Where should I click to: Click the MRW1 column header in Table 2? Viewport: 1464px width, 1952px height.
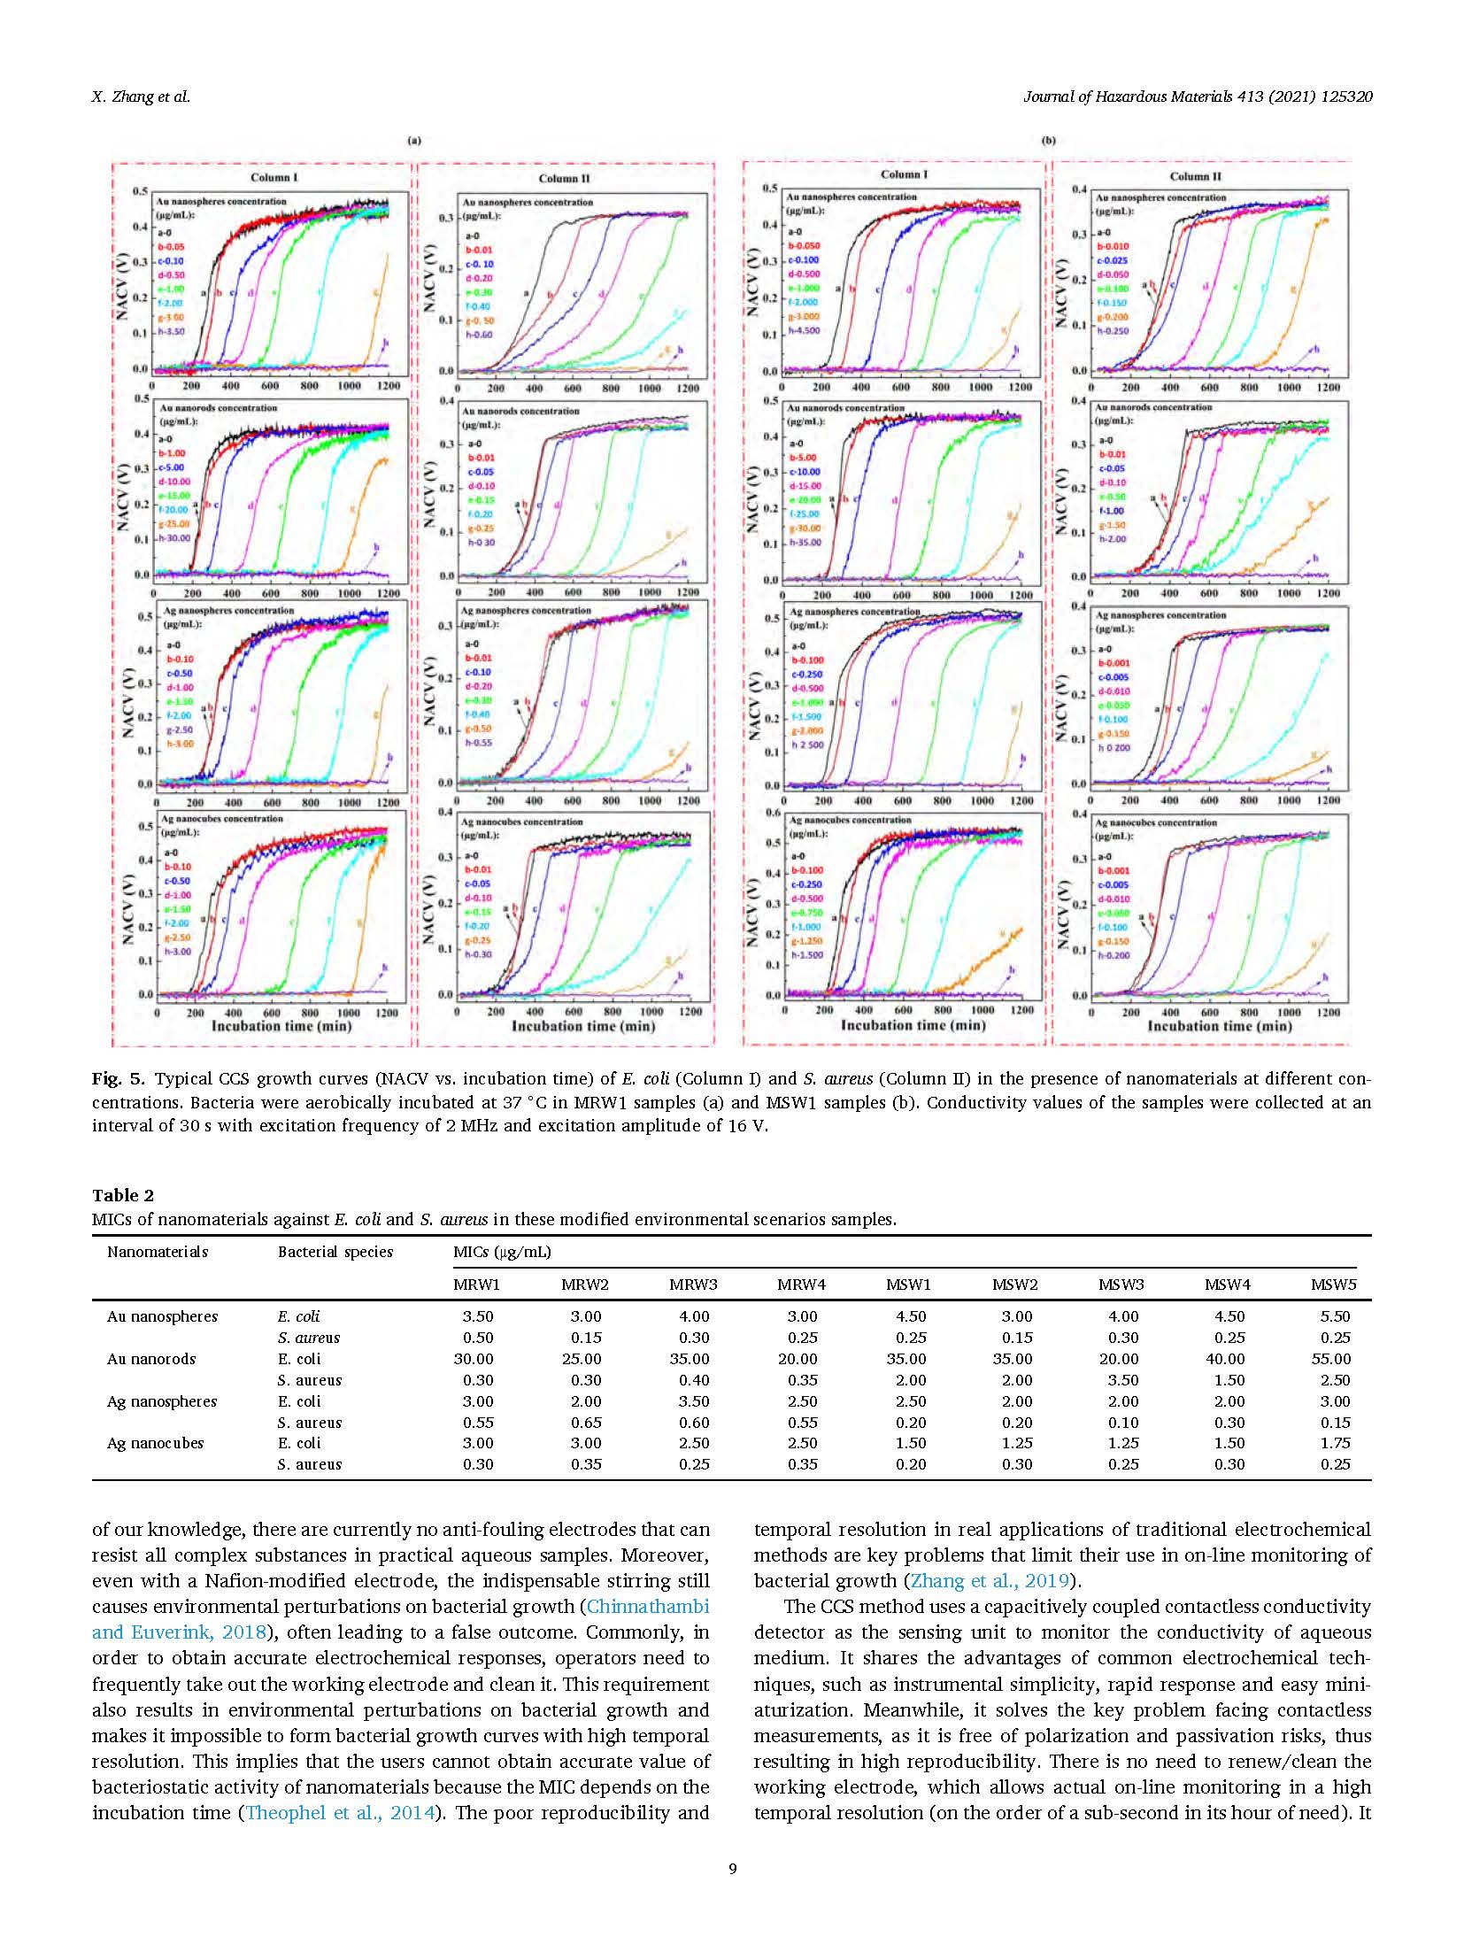click(x=477, y=1285)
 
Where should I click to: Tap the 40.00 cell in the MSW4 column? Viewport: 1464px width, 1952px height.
click(x=1226, y=1359)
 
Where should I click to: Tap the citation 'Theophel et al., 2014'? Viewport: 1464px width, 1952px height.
click(x=341, y=1812)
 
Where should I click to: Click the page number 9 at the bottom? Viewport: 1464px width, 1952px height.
click(x=732, y=1870)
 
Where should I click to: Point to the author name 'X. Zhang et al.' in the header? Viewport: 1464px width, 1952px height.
click(x=141, y=97)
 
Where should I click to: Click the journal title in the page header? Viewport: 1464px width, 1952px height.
click(x=1198, y=97)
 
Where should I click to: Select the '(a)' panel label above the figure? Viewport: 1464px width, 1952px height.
click(x=413, y=140)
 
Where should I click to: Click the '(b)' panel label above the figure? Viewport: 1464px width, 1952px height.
click(x=1049, y=140)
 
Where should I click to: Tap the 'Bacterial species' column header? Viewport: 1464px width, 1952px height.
click(x=335, y=1252)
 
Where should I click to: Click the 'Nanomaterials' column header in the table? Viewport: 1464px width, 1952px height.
click(x=158, y=1252)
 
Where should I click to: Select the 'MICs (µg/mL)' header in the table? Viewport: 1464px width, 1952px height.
click(x=501, y=1252)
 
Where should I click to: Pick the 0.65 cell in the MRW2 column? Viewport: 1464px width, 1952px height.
click(x=585, y=1423)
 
